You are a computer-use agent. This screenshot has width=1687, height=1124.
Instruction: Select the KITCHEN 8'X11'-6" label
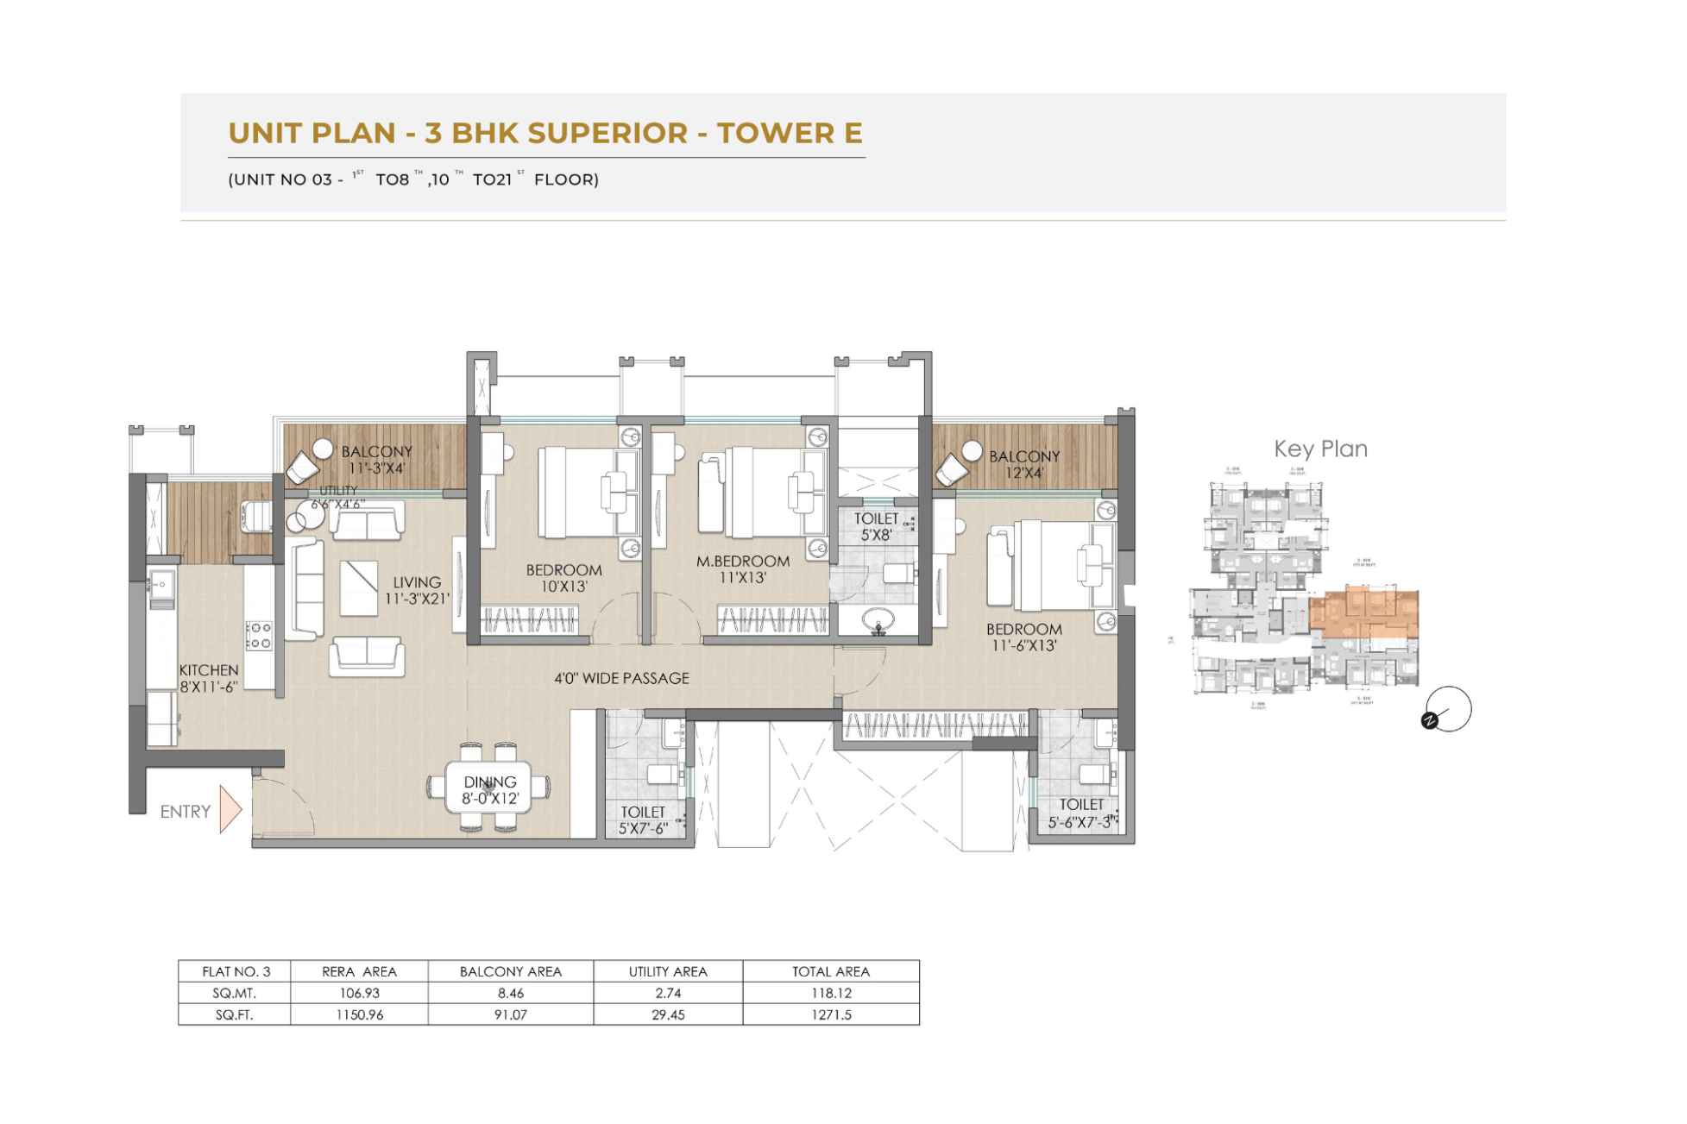point(209,678)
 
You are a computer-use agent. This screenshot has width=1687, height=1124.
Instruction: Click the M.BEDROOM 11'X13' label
point(743,569)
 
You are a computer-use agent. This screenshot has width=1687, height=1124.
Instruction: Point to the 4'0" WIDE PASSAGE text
point(621,678)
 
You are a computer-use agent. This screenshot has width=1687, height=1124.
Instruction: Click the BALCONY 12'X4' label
point(1024,464)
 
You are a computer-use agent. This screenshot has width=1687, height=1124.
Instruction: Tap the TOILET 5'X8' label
point(876,526)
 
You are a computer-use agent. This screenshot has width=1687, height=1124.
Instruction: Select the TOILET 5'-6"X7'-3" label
point(1081,813)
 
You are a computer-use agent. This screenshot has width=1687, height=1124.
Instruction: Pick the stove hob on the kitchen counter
point(259,636)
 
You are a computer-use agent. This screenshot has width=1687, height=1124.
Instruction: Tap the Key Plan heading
point(1320,449)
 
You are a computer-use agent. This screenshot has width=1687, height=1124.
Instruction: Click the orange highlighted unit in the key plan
point(1363,613)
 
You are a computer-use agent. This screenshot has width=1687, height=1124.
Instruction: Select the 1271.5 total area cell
point(830,1014)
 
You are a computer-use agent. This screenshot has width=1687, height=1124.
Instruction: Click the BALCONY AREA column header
point(510,971)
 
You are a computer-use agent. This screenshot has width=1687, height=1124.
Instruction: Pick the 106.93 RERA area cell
point(359,993)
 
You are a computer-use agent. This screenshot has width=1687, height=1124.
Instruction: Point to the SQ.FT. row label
point(234,1014)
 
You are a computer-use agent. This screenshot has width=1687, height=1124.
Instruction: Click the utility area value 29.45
point(668,1014)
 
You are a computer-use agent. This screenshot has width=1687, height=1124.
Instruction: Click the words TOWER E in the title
point(790,133)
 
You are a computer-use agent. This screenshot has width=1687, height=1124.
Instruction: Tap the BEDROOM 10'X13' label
point(563,578)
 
